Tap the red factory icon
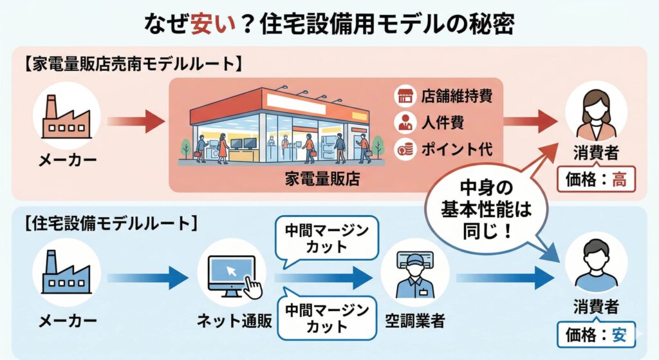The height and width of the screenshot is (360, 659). (66, 119)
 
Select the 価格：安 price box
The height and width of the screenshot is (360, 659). (596, 334)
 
